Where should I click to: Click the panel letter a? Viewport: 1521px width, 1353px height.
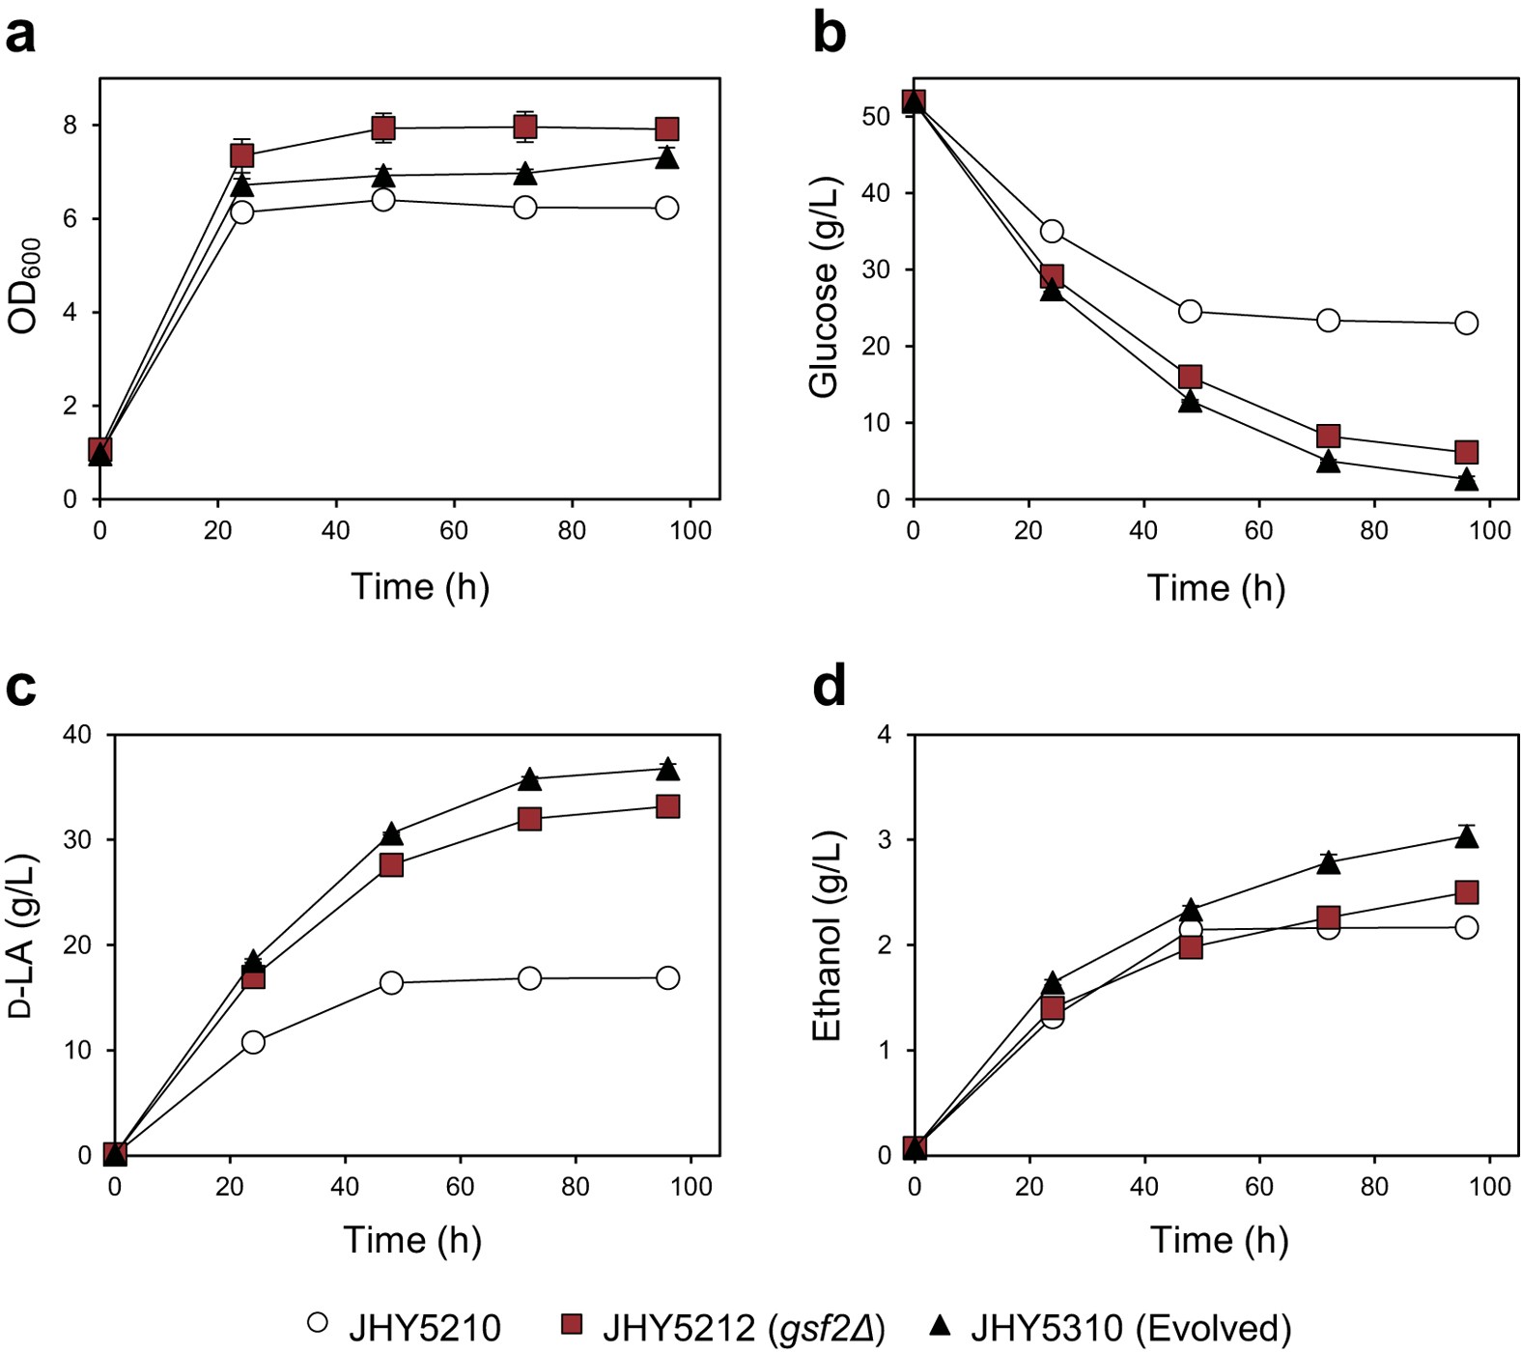(x=20, y=35)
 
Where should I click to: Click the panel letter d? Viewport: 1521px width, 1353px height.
(x=830, y=688)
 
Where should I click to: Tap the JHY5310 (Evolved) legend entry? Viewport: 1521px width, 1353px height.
(x=1110, y=1328)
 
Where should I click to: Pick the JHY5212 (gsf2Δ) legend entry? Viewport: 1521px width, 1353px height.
(x=723, y=1328)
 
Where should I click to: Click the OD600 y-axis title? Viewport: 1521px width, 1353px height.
(x=24, y=286)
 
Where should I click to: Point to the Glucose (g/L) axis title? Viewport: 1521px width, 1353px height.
(x=824, y=287)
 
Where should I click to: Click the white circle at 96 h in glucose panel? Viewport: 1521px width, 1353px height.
(x=1465, y=323)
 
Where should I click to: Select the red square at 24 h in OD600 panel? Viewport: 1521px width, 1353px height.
(x=241, y=155)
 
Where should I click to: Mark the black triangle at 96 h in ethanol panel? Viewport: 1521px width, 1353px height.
(x=1466, y=836)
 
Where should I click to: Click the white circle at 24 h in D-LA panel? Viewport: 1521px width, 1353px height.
(x=253, y=1042)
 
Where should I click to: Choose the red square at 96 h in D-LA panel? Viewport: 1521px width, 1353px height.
(x=667, y=805)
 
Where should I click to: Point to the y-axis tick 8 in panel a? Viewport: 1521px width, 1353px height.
(x=70, y=126)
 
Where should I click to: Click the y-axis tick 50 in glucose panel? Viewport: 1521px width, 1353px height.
(x=877, y=117)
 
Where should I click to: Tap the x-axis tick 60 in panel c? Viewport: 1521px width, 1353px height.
(x=460, y=1186)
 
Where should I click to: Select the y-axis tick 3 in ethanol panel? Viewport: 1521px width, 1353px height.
(x=884, y=839)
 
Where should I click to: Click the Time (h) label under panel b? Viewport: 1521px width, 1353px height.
(x=1216, y=587)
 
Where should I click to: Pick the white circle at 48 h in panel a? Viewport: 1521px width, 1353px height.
(x=383, y=200)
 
